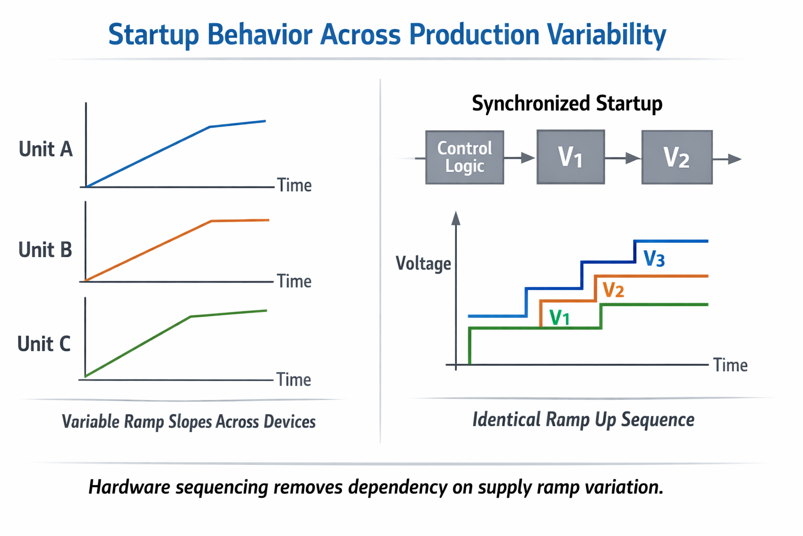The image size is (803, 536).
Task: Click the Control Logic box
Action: pyautogui.click(x=464, y=157)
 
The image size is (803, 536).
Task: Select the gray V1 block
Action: pyautogui.click(x=570, y=157)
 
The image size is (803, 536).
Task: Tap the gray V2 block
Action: pyautogui.click(x=676, y=157)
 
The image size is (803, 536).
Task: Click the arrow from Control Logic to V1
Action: pyautogui.click(x=520, y=158)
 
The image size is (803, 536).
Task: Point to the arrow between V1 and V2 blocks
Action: pyautogui.click(x=623, y=158)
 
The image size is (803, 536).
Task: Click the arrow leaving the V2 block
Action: pyautogui.click(x=727, y=159)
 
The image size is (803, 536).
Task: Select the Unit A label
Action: pyautogui.click(x=45, y=149)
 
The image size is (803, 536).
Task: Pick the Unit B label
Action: pyautogui.click(x=45, y=250)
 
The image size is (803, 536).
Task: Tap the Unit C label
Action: pyautogui.click(x=44, y=344)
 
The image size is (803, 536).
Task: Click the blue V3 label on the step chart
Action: pyautogui.click(x=653, y=259)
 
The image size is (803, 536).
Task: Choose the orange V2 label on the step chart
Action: pyautogui.click(x=613, y=289)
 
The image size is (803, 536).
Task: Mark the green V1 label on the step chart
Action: pyautogui.click(x=559, y=317)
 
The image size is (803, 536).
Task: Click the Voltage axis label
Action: pyautogui.click(x=423, y=263)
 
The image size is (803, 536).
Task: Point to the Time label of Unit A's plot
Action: pyautogui.click(x=294, y=185)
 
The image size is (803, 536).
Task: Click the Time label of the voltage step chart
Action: pyautogui.click(x=730, y=365)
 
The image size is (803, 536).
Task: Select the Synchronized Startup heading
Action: pyautogui.click(x=567, y=103)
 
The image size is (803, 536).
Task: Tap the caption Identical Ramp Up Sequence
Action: pyautogui.click(x=583, y=419)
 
